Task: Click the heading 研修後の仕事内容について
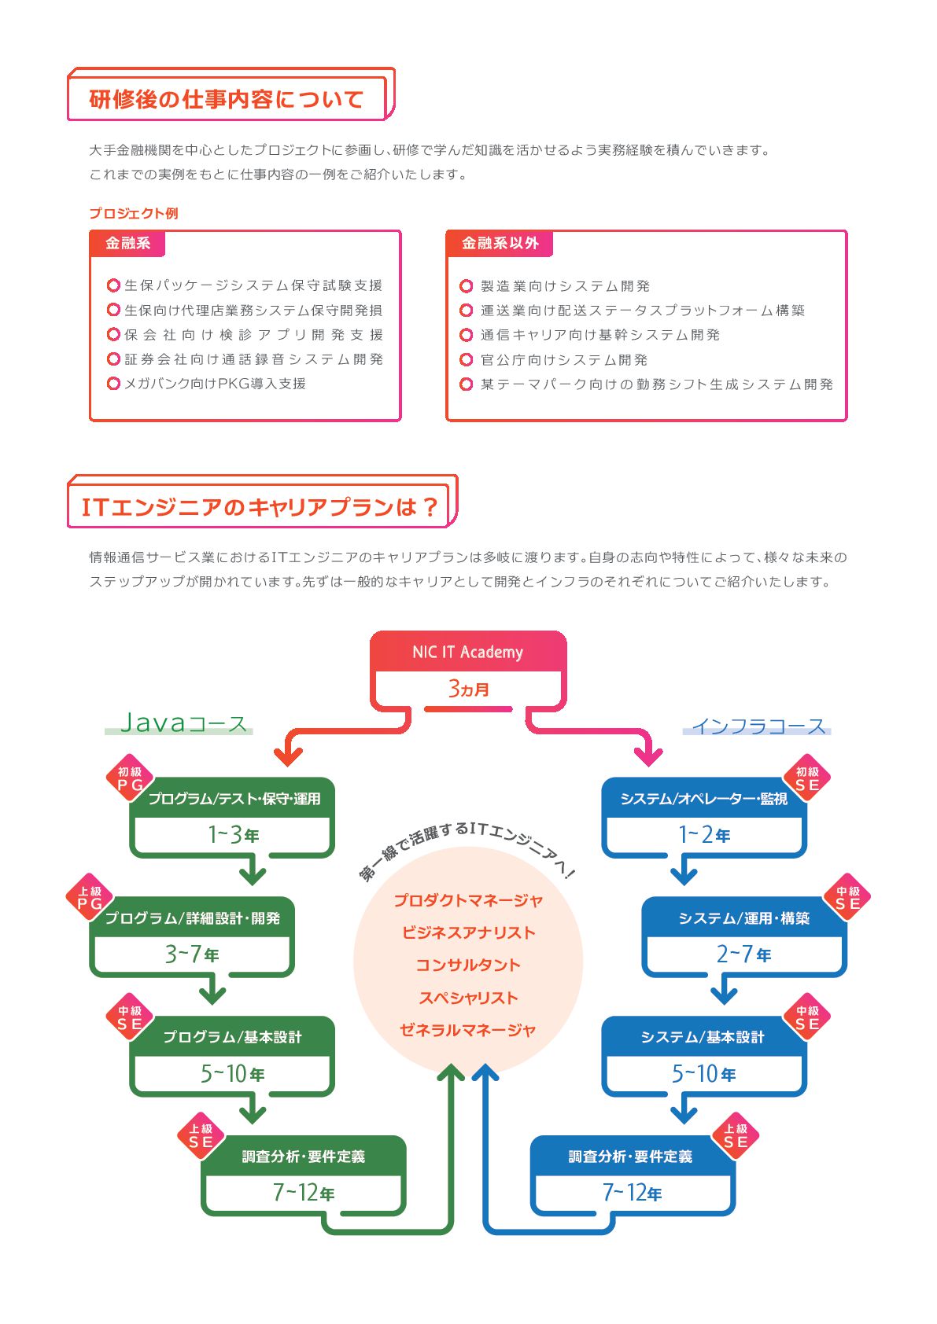(226, 99)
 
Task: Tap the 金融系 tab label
(127, 243)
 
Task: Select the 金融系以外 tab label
(500, 243)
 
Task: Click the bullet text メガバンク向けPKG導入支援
(215, 384)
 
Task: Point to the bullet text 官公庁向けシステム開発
(564, 359)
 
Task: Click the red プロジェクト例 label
(134, 213)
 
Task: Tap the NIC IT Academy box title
(468, 652)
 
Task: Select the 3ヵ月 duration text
(469, 689)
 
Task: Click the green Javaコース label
(183, 723)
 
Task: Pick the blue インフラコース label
(758, 726)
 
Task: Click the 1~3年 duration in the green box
(233, 835)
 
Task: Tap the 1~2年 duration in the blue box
(704, 835)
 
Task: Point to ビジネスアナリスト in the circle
(469, 932)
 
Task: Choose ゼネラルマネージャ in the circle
(468, 1030)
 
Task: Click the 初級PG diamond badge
(130, 778)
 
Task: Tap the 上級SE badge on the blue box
(736, 1135)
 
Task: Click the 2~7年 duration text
(743, 954)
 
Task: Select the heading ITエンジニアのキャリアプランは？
(260, 506)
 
